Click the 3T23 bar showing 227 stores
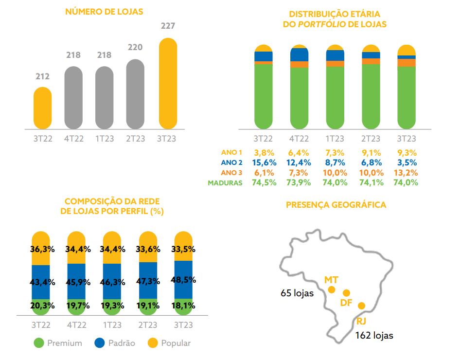168,84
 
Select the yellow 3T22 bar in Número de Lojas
42,108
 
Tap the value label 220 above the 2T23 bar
135,48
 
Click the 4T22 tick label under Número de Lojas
73,139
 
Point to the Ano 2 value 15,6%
265,162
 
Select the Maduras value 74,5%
265,183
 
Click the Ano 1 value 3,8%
265,152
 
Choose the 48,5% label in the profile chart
183,281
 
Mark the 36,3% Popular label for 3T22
42,249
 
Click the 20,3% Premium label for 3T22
42,306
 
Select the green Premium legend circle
39,343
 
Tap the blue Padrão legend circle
100,343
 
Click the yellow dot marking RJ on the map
361,306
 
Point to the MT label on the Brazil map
331,280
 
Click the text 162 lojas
374,335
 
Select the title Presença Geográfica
336,205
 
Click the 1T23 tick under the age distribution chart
335,139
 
